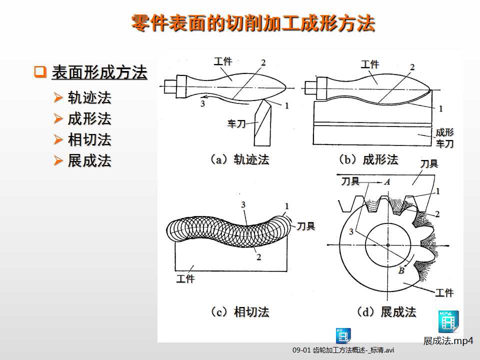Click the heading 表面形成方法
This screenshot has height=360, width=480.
[x=99, y=73]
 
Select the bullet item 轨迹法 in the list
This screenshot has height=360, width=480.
[x=89, y=97]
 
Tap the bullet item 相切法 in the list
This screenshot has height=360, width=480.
[x=89, y=139]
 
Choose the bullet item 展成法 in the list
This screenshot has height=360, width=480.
[x=89, y=160]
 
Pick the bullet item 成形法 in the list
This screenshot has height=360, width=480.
[x=89, y=119]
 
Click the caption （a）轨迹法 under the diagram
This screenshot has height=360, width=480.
[x=238, y=160]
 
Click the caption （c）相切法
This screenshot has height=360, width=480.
[x=238, y=312]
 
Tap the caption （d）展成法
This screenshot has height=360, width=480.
[x=385, y=312]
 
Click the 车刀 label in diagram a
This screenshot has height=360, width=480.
[x=236, y=123]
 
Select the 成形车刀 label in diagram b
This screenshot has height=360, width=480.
[x=444, y=138]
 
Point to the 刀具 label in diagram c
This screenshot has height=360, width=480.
[x=306, y=226]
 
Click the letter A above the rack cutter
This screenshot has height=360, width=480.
[x=386, y=182]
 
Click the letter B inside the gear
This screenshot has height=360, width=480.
[x=401, y=270]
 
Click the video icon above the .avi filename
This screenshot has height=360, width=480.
[x=343, y=335]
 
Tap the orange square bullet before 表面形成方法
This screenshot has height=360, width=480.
[x=40, y=72]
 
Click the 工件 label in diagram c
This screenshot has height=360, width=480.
[x=185, y=279]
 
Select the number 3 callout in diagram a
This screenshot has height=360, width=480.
[x=202, y=104]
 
